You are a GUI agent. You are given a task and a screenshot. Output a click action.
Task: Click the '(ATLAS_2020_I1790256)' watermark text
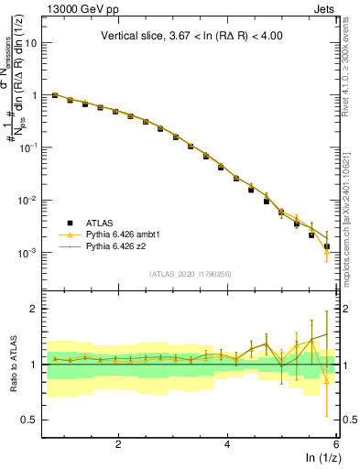(x=191, y=274)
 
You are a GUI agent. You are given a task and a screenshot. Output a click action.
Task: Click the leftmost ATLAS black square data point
(x=55, y=95)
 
